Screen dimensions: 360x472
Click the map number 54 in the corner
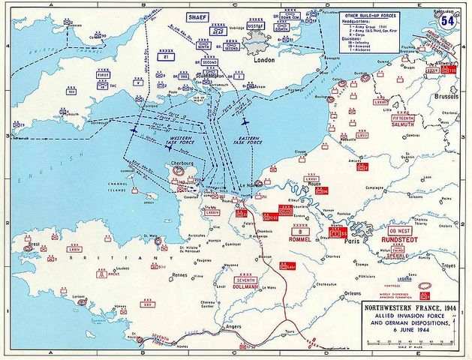tap(449, 20)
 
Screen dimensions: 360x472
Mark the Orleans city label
tap(352, 292)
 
